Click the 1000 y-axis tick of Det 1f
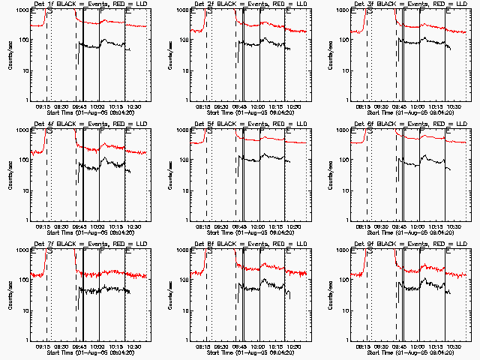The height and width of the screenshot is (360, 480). click(22, 10)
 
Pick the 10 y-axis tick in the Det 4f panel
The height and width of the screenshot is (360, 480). click(24, 190)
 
